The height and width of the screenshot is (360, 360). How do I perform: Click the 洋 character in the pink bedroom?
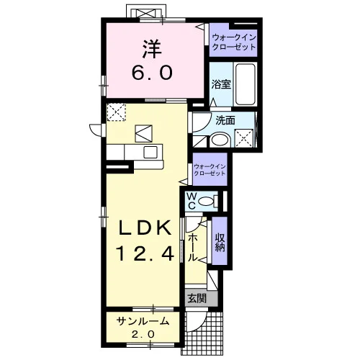(x=152, y=49)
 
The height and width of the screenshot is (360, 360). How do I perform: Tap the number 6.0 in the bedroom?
(x=152, y=73)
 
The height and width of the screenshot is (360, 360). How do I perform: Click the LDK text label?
(x=145, y=228)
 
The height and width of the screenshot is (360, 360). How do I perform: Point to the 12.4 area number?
(x=145, y=254)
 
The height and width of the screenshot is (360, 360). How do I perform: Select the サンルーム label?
(x=143, y=321)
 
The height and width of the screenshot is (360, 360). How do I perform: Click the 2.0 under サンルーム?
(x=143, y=334)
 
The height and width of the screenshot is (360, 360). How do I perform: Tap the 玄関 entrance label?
(x=197, y=298)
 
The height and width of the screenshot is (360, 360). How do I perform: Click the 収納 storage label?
(x=220, y=243)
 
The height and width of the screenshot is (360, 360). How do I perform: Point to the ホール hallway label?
(x=192, y=248)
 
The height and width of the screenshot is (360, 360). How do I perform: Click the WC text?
(x=192, y=202)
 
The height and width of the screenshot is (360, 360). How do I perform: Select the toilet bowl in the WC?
(x=206, y=201)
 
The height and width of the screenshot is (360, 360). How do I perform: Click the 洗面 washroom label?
(x=225, y=120)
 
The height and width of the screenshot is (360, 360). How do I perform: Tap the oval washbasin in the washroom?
(x=220, y=140)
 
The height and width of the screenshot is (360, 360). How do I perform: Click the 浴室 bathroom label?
(x=221, y=84)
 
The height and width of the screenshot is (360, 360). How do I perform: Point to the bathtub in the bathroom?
(x=245, y=84)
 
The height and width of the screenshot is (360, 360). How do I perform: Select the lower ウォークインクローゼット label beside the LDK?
(x=210, y=170)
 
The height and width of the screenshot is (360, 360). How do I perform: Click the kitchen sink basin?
(x=150, y=152)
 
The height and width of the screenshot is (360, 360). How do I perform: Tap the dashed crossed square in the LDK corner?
(x=116, y=112)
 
